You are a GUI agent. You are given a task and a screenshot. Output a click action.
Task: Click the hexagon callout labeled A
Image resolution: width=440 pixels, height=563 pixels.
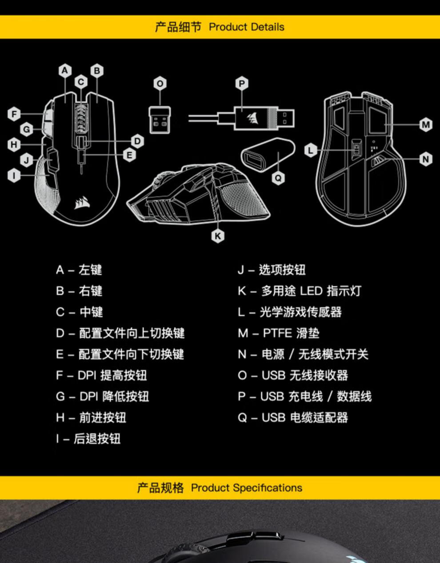[65, 71]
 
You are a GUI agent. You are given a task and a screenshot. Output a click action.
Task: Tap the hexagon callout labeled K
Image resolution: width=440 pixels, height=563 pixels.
[217, 236]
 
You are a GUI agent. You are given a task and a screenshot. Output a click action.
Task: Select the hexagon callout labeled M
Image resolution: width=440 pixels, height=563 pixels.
[426, 125]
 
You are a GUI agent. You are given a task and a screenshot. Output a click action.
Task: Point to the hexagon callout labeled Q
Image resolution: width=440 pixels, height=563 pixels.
[278, 178]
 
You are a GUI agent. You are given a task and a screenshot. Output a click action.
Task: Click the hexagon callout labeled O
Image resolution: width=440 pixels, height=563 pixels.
[160, 84]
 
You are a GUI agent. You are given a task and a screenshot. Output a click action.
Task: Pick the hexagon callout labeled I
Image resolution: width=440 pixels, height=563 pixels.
[14, 175]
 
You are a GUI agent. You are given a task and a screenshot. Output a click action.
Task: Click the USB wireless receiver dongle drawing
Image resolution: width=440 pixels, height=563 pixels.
[160, 120]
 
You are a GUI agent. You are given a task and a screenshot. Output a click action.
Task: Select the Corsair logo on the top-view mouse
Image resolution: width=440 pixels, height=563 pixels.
[82, 203]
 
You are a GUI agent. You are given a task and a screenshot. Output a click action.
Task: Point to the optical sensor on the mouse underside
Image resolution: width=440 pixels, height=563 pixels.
[356, 150]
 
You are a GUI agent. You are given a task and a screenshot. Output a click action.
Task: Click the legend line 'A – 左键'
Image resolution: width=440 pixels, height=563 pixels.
[79, 270]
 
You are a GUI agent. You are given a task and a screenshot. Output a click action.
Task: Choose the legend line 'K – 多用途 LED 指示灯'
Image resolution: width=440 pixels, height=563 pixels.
[299, 291]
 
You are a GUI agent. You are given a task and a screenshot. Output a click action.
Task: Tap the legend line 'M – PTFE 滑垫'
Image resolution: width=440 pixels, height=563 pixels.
[278, 333]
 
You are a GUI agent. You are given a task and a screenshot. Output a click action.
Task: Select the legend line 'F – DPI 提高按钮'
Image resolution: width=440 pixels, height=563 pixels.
[101, 375]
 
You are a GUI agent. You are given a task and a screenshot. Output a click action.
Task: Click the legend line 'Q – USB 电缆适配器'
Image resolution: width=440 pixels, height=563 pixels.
[292, 417]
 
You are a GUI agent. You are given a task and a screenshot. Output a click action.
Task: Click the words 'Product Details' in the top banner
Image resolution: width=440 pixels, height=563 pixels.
[246, 27]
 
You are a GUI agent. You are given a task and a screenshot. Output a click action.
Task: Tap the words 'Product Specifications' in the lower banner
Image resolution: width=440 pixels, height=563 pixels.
[246, 487]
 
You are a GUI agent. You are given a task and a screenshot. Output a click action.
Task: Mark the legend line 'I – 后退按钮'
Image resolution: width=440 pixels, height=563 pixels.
[88, 439]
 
